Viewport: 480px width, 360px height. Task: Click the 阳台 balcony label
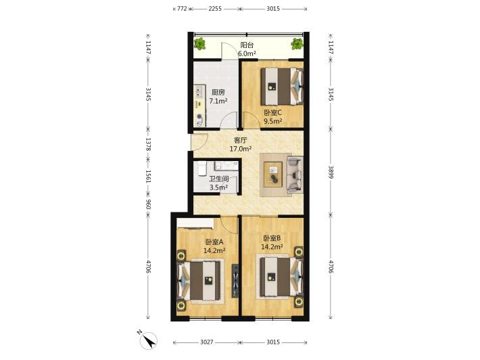click(247, 45)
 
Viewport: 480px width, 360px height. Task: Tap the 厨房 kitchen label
click(218, 92)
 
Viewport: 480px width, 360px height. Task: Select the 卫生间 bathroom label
click(218, 179)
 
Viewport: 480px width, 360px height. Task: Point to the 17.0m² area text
click(241, 149)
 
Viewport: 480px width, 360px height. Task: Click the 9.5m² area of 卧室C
click(273, 121)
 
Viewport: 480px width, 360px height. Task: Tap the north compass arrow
click(149, 340)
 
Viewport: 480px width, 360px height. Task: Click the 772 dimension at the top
click(182, 9)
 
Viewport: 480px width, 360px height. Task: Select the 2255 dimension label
click(215, 9)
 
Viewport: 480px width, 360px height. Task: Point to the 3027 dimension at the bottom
click(207, 342)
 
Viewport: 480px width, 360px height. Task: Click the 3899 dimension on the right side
click(331, 172)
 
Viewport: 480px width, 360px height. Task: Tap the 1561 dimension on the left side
click(148, 177)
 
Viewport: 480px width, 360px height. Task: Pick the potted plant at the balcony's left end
click(199, 44)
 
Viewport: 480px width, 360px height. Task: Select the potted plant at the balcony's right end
click(297, 44)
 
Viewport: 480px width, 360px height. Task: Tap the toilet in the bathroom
click(202, 168)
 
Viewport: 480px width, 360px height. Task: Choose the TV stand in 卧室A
click(235, 281)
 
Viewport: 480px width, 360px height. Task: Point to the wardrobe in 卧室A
click(195, 223)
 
